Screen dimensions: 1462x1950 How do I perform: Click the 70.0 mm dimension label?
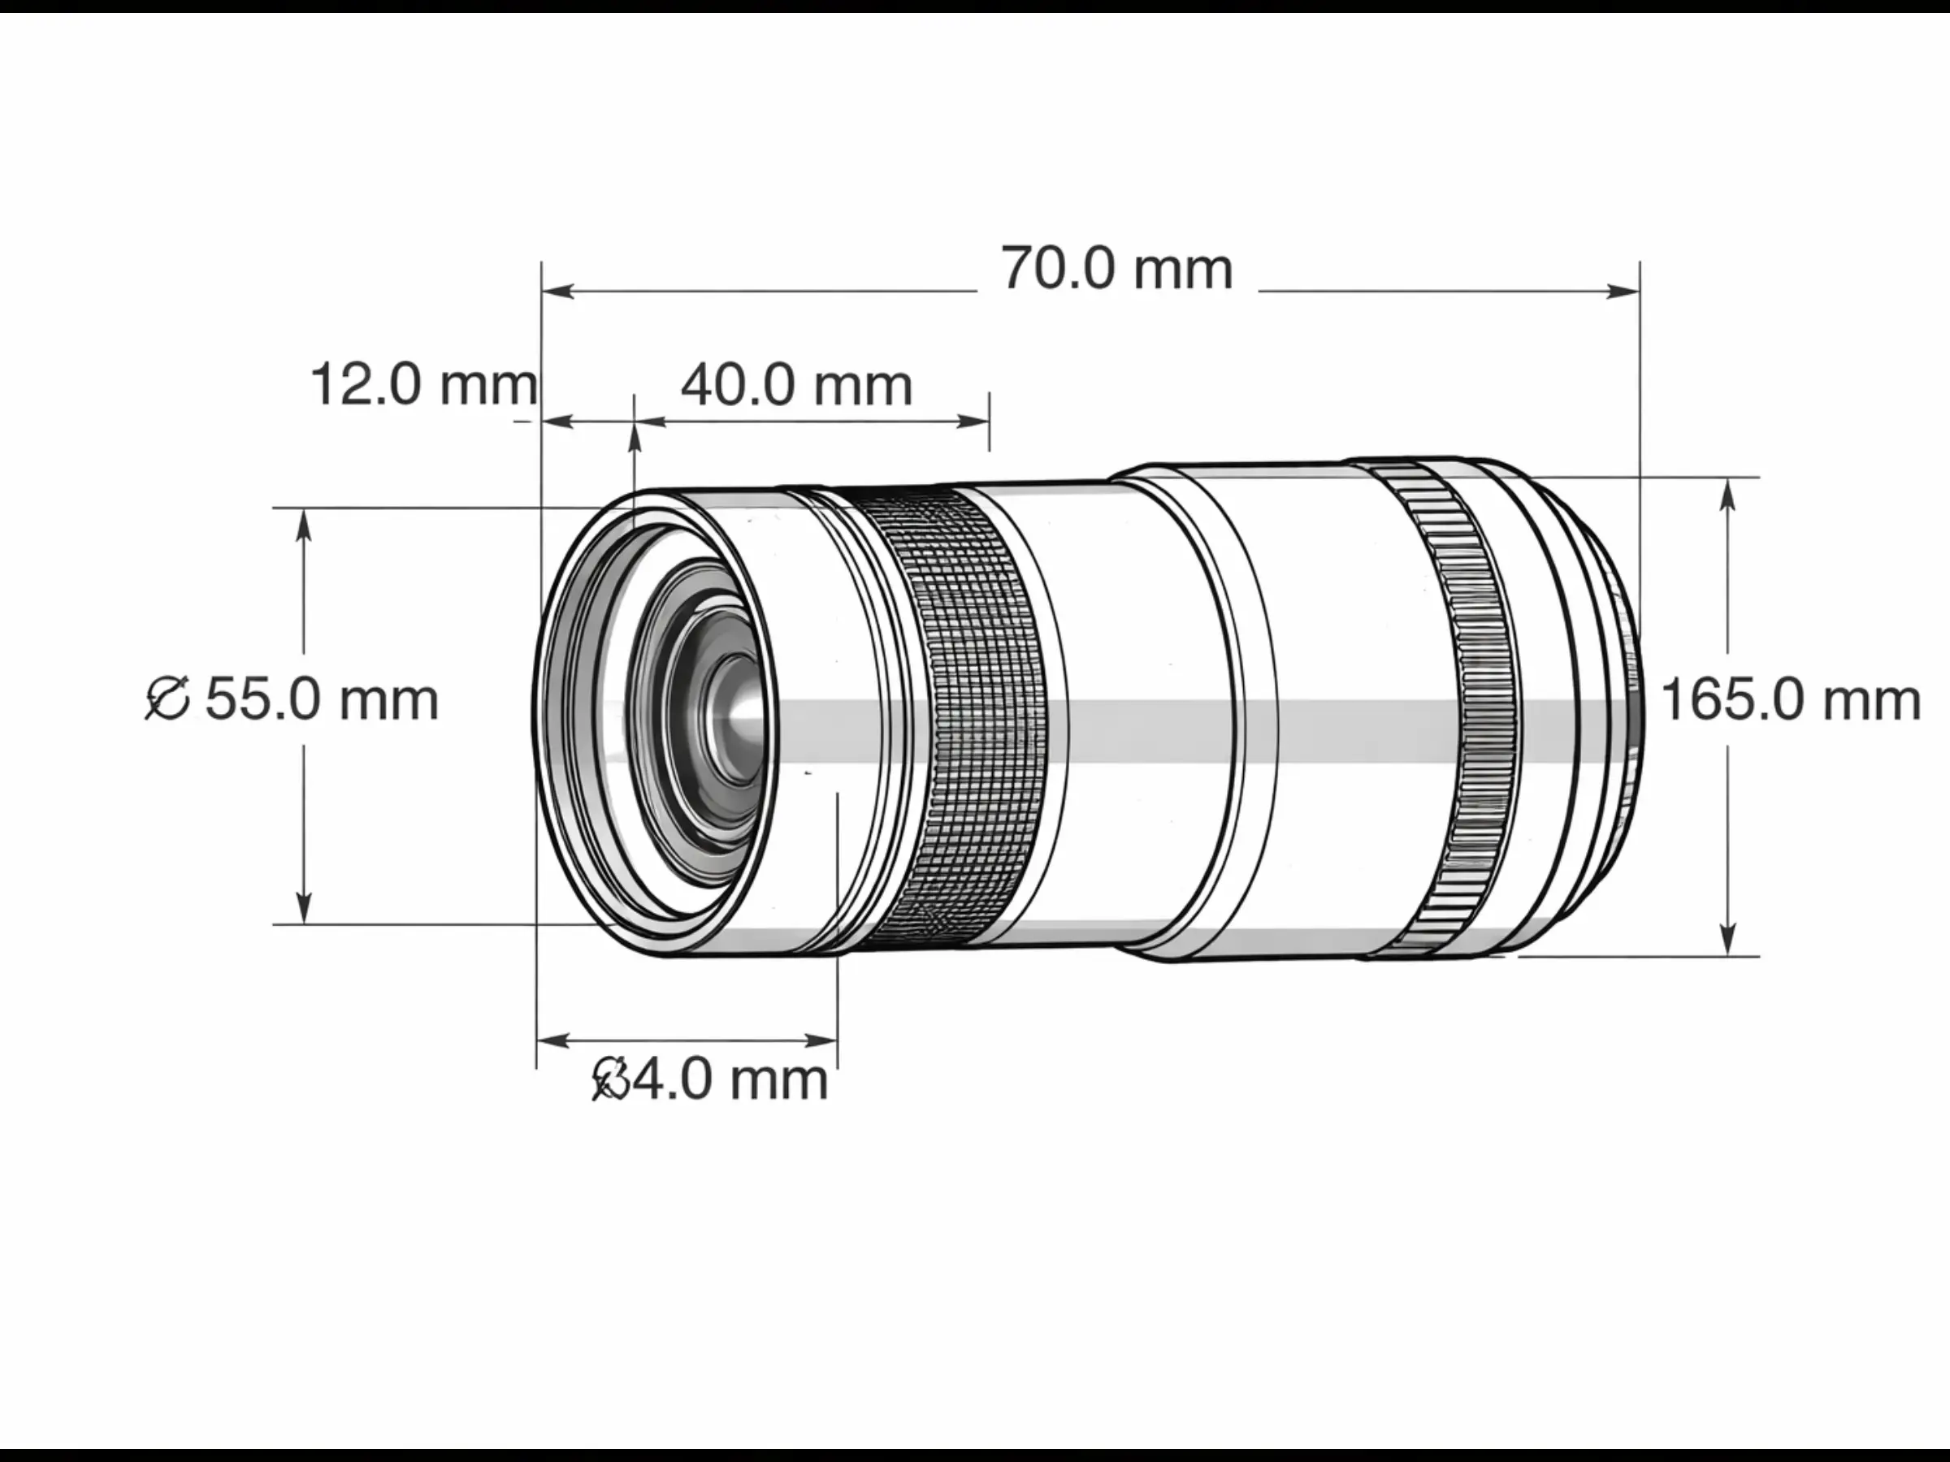pos(1116,269)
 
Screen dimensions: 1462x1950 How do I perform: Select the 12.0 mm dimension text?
pos(423,385)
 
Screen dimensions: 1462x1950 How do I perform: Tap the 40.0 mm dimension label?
pos(796,385)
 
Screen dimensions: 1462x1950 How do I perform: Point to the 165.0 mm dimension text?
pos(1790,701)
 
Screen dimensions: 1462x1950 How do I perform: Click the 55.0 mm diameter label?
pos(322,701)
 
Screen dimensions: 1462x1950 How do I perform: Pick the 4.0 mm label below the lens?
pos(730,1079)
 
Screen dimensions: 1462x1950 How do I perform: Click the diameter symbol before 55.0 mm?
pos(167,699)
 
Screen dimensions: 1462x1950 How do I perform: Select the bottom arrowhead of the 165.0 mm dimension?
pos(1728,940)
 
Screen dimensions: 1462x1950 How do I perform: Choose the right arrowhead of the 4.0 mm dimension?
pos(823,1040)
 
